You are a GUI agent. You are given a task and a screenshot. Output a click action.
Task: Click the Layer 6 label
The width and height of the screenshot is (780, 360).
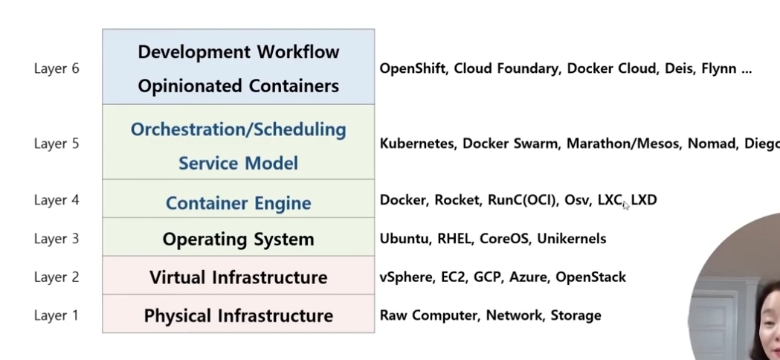56,68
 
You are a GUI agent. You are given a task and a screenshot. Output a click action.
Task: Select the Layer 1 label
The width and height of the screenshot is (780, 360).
56,315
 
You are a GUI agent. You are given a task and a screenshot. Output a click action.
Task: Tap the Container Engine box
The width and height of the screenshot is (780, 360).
238,203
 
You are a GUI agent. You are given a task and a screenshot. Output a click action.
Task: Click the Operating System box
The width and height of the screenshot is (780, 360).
238,240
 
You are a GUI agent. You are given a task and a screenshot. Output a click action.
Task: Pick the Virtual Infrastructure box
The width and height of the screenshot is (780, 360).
238,277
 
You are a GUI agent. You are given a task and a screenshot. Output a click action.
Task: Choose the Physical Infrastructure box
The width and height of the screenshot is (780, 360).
238,315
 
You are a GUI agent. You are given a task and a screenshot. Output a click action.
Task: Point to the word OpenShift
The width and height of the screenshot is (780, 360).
413,68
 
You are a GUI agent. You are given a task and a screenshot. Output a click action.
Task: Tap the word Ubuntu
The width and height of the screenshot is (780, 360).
404,239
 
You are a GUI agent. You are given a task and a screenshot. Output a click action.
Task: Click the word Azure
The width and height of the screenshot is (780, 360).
526,277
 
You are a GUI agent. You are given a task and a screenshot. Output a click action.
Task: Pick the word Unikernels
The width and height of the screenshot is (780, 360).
571,239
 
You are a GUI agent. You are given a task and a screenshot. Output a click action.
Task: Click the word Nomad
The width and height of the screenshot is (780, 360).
712,144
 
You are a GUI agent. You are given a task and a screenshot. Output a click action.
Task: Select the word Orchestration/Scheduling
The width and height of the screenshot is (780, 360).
238,129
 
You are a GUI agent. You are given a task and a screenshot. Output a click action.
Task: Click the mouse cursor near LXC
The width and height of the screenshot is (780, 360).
626,205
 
